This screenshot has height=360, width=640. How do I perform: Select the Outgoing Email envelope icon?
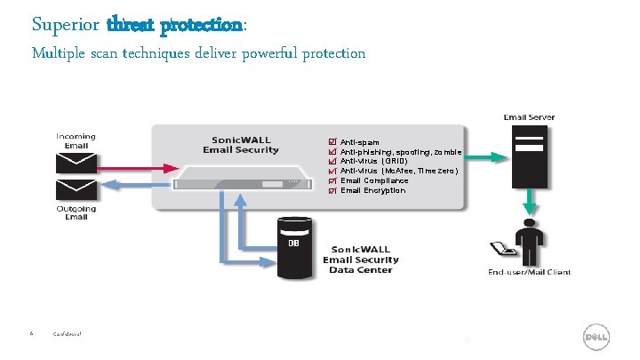point(76,189)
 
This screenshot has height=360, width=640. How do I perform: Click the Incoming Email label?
point(76,140)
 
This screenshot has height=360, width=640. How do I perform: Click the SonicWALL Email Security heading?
point(241,145)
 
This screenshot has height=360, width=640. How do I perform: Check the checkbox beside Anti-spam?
point(332,142)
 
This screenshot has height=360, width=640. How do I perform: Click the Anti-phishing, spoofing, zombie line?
point(400,152)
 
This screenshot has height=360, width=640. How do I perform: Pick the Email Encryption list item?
point(372,190)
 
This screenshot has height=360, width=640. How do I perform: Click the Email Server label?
point(528,117)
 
